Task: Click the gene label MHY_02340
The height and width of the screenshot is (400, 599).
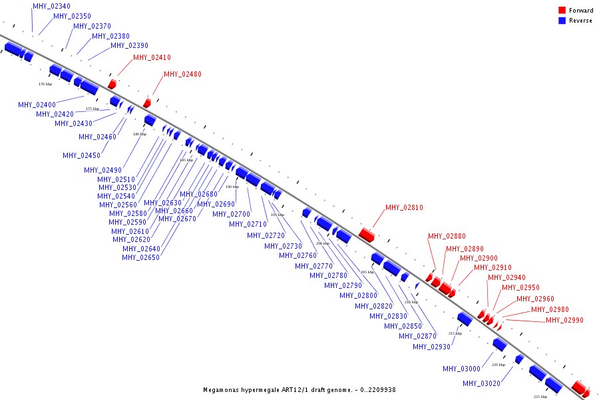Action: pos(51,6)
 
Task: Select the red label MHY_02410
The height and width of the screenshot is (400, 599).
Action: pos(152,57)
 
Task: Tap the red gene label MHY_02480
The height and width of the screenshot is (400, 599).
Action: pos(182,74)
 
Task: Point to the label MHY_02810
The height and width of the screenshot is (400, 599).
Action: pos(404,207)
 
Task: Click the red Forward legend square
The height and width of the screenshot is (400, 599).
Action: pos(562,10)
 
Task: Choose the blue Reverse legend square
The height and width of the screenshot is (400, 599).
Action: pos(562,21)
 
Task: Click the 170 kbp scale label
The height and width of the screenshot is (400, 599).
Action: pos(45,84)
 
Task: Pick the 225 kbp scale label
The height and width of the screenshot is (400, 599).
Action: pos(540,396)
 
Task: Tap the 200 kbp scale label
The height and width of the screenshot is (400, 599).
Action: pos(322,243)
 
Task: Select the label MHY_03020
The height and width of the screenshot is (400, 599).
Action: pos(481,383)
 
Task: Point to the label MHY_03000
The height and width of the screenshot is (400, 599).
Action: pos(461,369)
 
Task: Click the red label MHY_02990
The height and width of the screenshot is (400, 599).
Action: pos(564,320)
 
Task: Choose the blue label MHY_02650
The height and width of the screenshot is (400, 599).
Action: pos(141,257)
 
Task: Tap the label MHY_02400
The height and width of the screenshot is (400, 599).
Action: pos(37,105)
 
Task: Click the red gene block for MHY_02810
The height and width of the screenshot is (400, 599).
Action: pos(367,234)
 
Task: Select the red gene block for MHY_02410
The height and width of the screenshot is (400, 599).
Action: pos(112,84)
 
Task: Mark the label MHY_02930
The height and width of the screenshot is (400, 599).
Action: pos(431,347)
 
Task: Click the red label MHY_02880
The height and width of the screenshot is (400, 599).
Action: pos(447,236)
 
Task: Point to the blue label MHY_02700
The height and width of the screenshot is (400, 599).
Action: pos(231,214)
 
